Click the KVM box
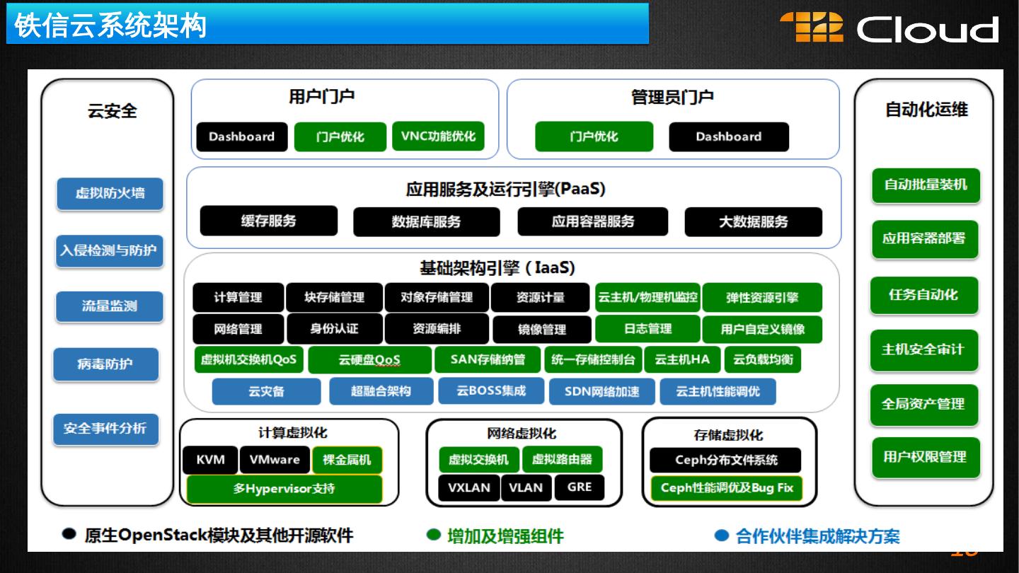pos(211,460)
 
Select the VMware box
pos(275,460)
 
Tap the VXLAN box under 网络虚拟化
pos(469,487)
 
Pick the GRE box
pos(580,487)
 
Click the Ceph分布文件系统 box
pos(726,460)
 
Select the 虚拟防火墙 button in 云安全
pos(110,193)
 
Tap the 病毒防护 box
pos(105,364)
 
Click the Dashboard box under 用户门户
pos(242,137)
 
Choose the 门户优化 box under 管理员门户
pos(594,137)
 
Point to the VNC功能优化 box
pos(438,137)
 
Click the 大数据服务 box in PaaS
pos(753,221)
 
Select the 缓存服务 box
pos(269,221)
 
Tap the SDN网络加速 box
pos(602,391)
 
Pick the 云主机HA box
pos(682,359)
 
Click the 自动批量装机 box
pos(926,185)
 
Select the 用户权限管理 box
pos(924,457)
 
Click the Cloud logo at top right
pos(890,28)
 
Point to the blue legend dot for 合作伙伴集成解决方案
pos(721,535)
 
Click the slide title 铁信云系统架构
pos(110,25)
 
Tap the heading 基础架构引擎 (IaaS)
pos(497,269)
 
